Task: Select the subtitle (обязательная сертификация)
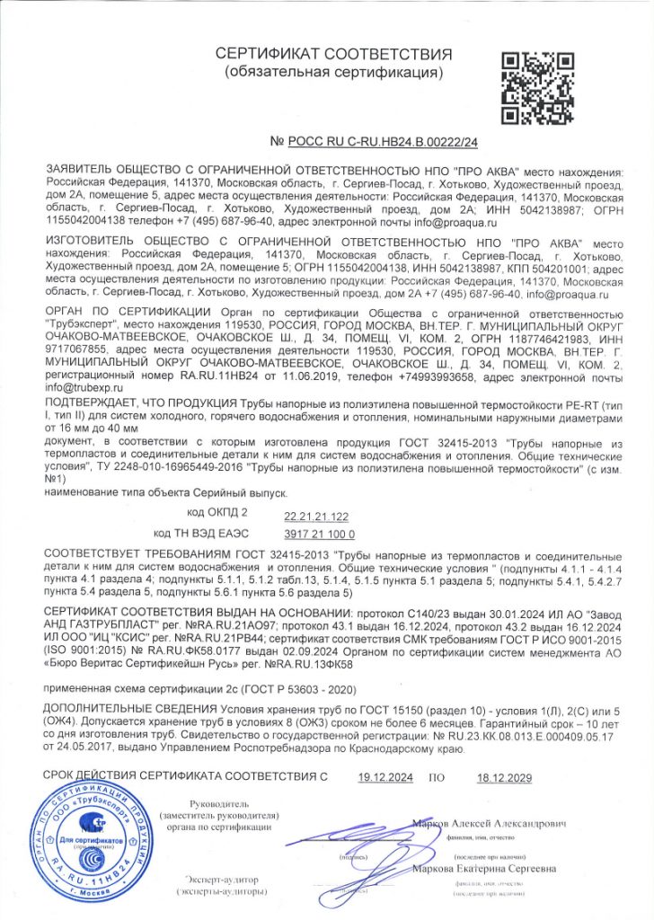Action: point(333,71)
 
